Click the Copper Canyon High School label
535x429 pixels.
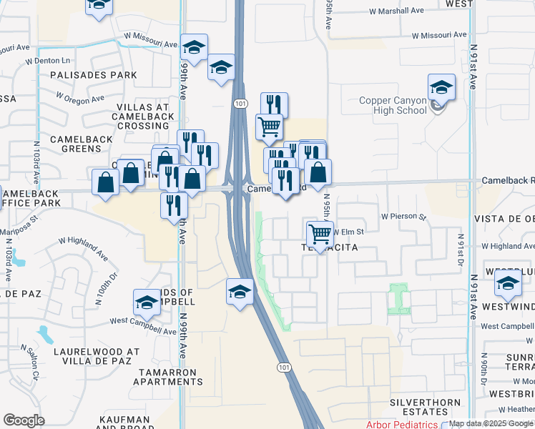pos(392,106)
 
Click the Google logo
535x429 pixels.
pos(24,420)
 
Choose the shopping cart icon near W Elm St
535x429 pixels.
pos(319,234)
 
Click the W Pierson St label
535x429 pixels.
pos(403,216)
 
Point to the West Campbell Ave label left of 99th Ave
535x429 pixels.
pos(143,322)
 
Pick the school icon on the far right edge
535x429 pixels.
pos(508,285)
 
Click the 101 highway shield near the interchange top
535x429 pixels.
pos(239,104)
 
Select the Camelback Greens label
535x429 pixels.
pos(75,144)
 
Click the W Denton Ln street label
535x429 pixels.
pos(48,61)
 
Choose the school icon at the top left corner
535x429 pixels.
pos(99,6)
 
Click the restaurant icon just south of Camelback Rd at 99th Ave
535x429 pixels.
pos(174,206)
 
